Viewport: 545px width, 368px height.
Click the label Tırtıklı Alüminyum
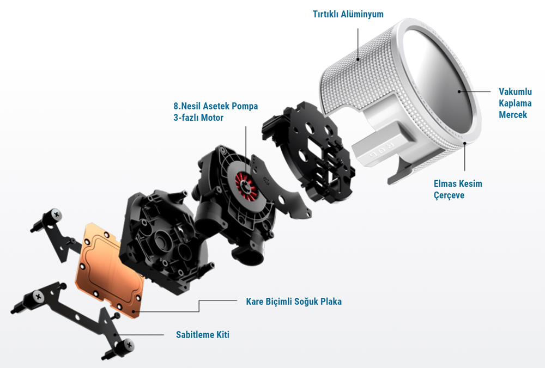pos(348,14)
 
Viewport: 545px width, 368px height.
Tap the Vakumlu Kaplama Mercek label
pos(515,103)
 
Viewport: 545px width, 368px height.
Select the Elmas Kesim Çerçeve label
pos(458,189)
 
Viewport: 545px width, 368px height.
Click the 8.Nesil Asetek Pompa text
pos(215,106)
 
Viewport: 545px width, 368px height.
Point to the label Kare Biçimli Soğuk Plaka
pos(294,302)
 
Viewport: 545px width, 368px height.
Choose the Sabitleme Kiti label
pos(203,335)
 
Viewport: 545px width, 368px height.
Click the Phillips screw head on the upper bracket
pos(56,214)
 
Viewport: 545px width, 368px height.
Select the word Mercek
pos(513,114)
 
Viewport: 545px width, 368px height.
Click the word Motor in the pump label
pos(212,118)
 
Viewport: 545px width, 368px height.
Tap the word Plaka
pos(331,302)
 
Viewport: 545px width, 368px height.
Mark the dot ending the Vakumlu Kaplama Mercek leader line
pos(459,91)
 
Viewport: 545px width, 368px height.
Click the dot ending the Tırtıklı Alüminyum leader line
pos(358,59)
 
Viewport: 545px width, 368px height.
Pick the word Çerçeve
pos(449,195)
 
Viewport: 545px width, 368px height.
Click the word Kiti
pos(222,335)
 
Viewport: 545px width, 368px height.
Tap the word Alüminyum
pos(362,14)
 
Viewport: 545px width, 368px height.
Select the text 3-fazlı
pos(186,118)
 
